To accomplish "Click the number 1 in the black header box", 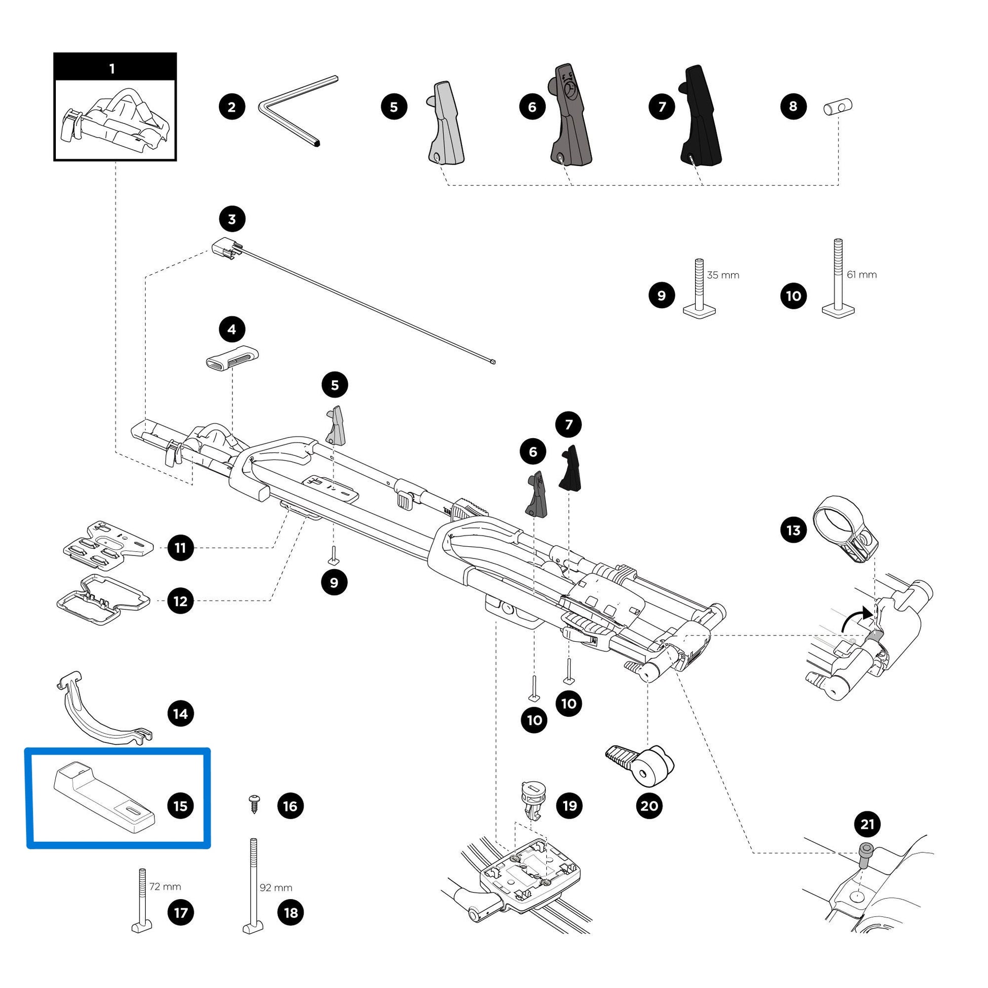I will (x=112, y=69).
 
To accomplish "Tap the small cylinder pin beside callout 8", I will (x=838, y=108).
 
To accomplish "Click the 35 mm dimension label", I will (x=723, y=275).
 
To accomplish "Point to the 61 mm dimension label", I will (x=862, y=275).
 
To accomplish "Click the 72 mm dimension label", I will (x=164, y=887).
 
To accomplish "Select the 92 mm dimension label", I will (x=276, y=888).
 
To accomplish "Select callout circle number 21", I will (x=867, y=825).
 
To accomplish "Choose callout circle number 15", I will (x=181, y=806).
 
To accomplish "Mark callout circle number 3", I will (x=232, y=219).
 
